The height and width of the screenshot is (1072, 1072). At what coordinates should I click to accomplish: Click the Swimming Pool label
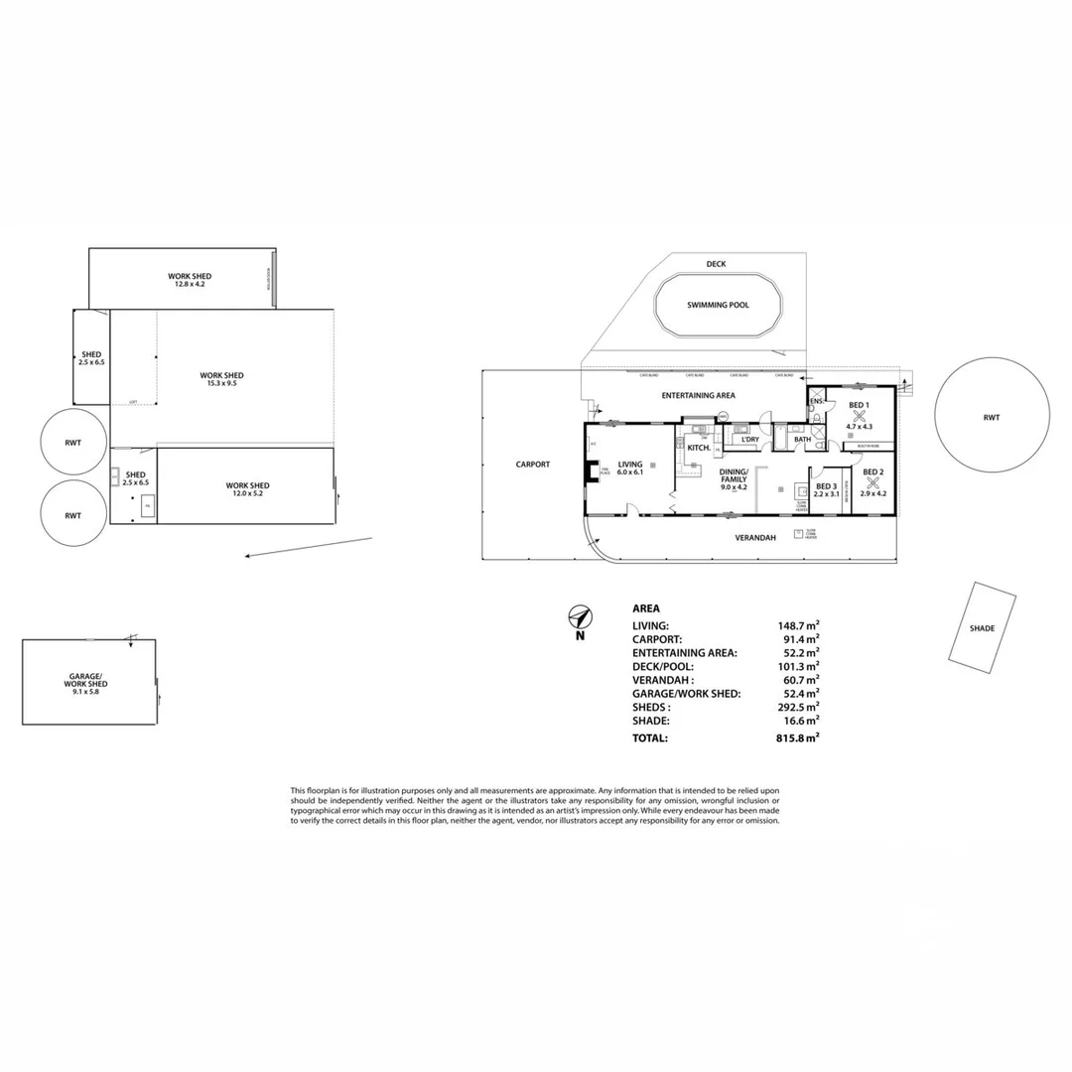(x=718, y=305)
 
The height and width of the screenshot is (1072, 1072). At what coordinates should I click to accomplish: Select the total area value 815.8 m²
(x=798, y=738)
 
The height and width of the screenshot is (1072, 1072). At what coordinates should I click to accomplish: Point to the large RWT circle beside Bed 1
(x=992, y=417)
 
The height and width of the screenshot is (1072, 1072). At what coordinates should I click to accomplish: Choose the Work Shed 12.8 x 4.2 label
(x=189, y=280)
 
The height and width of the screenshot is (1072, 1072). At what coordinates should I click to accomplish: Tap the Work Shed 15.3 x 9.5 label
(x=221, y=379)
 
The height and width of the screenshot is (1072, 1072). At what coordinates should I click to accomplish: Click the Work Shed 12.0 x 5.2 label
(x=247, y=489)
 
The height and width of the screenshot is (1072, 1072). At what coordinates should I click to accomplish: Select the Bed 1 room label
(x=859, y=405)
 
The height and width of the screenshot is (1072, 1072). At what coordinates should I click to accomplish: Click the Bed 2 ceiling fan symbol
(x=872, y=483)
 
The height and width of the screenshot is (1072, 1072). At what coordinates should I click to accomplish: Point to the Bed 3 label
(x=826, y=486)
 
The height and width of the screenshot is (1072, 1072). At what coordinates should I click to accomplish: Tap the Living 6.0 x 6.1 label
(x=630, y=468)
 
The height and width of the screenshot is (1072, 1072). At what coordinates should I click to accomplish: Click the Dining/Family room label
(x=734, y=476)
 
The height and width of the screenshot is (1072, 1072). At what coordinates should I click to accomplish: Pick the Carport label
(x=533, y=464)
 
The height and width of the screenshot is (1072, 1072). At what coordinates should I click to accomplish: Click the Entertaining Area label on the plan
(x=696, y=395)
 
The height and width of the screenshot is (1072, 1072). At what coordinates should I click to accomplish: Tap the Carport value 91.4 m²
(x=799, y=639)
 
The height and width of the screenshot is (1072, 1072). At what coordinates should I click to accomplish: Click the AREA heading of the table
(x=646, y=608)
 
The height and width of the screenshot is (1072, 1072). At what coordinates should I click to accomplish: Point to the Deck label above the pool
(x=716, y=264)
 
